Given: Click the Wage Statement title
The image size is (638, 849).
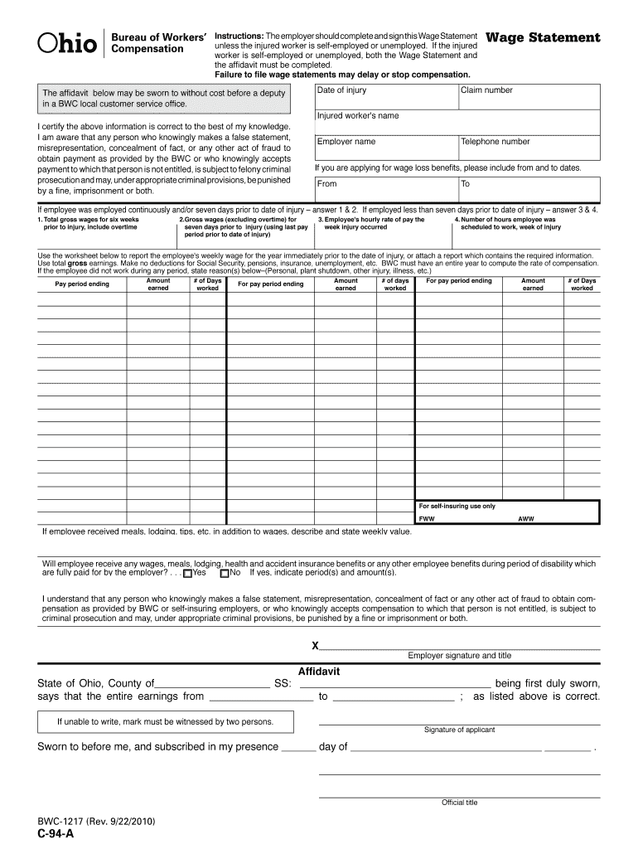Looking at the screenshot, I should [x=543, y=38].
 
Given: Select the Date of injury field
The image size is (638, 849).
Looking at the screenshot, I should [x=386, y=96].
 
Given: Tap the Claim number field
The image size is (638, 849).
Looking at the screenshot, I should [x=529, y=96].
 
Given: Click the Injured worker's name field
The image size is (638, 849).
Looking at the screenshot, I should [x=457, y=122].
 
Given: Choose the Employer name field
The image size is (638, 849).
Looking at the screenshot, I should [x=386, y=148].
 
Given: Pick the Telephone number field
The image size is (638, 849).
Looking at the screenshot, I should [x=529, y=148].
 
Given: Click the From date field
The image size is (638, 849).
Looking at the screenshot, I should [x=386, y=190].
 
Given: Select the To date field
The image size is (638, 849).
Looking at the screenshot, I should [x=529, y=190].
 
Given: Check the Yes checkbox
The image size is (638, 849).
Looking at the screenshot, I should [x=188, y=573].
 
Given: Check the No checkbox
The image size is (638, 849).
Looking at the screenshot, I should [x=225, y=573].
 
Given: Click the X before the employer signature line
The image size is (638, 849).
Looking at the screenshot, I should [x=315, y=646].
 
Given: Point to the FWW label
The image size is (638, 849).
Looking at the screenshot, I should [x=426, y=519].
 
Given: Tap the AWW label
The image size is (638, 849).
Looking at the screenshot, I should [x=526, y=519].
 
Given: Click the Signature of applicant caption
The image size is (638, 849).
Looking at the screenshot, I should [x=459, y=730].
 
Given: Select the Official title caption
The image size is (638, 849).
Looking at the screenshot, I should [x=459, y=803].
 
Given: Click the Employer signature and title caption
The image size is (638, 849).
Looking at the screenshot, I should [x=459, y=655].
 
